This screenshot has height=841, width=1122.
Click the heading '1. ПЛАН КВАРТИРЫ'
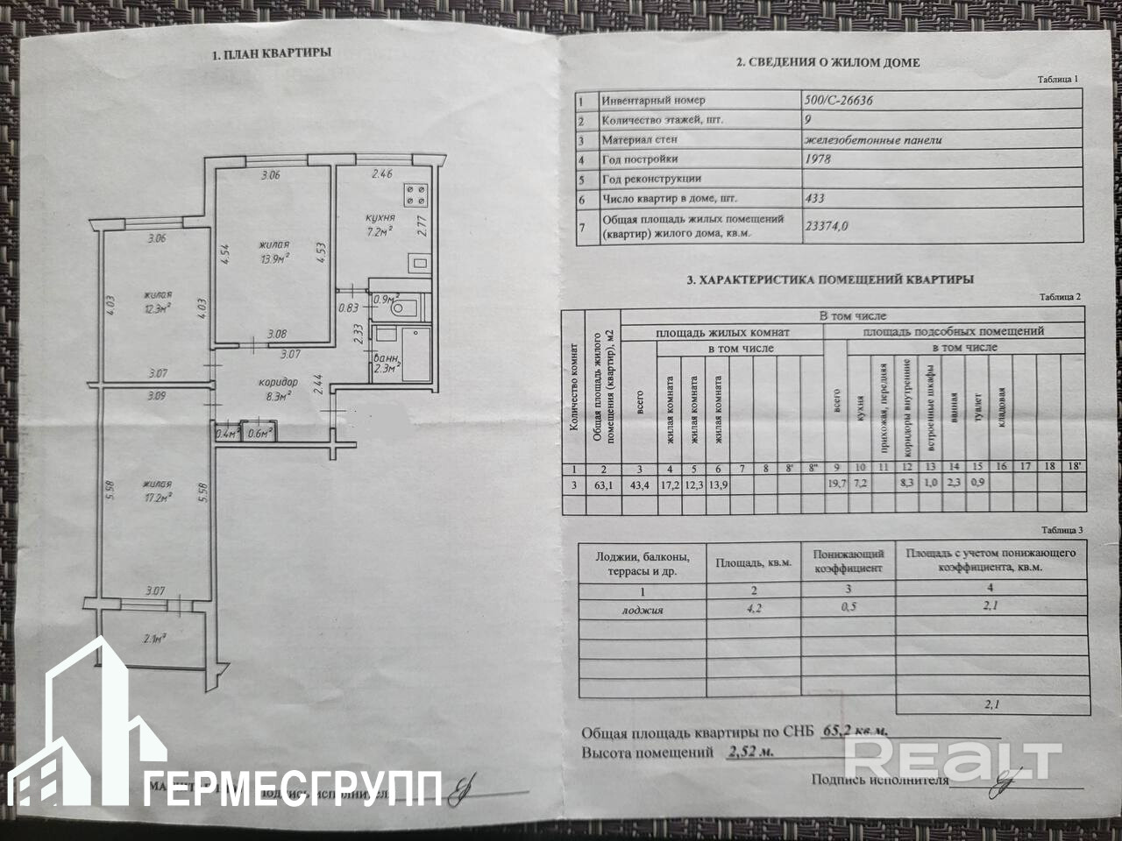click(x=272, y=53)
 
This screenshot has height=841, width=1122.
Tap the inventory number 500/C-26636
click(x=838, y=100)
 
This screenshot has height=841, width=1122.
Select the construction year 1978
click(x=817, y=159)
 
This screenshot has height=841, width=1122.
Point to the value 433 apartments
click(x=814, y=199)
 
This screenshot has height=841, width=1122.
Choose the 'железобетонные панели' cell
click(x=872, y=139)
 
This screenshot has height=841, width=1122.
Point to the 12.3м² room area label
click(x=158, y=307)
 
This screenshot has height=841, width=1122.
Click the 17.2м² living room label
click(x=158, y=497)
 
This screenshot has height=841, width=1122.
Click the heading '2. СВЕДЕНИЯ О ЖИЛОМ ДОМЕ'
click(x=827, y=62)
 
